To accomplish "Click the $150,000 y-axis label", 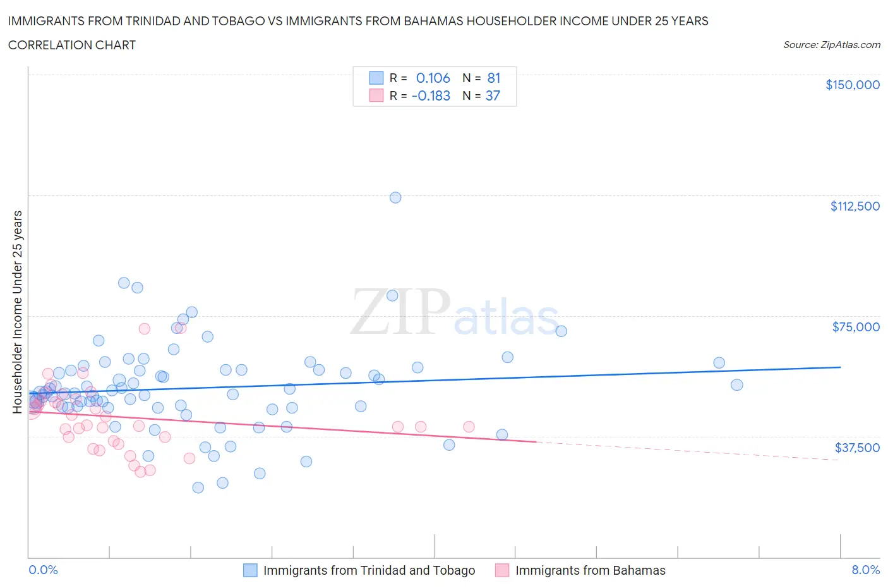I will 852,85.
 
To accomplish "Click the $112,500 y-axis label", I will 855,206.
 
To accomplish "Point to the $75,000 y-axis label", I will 855,327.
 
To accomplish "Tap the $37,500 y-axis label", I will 856,448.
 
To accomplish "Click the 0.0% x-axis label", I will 43,570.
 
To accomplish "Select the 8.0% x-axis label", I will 865,570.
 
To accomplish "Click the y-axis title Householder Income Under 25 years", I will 17,312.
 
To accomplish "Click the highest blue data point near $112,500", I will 395,197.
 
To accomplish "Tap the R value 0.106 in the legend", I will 433,78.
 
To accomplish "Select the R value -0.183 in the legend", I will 431,95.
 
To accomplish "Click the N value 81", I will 493,78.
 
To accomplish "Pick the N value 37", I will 493,95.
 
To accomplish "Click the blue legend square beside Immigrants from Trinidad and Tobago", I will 251,570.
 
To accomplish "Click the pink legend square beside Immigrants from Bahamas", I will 502,570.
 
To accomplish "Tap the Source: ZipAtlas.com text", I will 831,45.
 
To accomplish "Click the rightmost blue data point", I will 736,385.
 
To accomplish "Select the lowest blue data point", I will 198,487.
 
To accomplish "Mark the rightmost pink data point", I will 469,427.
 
